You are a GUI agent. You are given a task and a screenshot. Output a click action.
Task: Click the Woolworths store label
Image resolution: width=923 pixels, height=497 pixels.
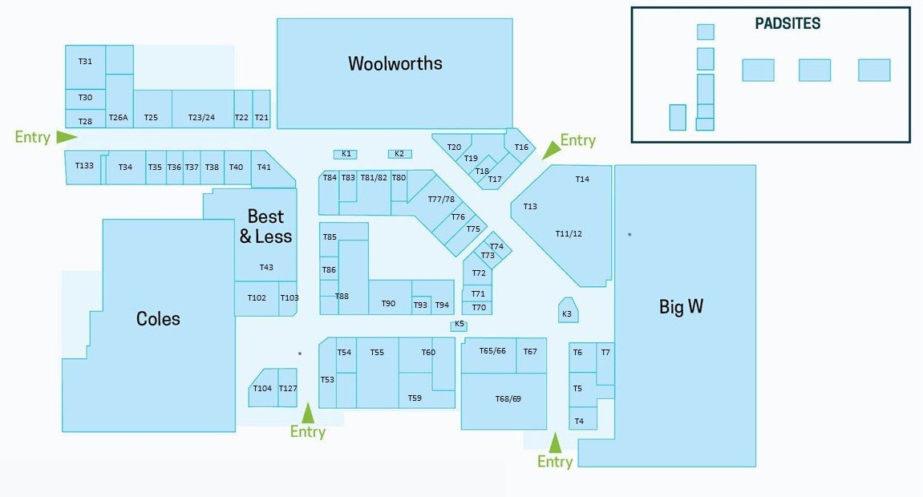pyautogui.click(x=395, y=63)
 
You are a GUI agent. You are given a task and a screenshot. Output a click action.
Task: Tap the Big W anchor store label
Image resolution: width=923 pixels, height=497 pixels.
pyautogui.click(x=681, y=307)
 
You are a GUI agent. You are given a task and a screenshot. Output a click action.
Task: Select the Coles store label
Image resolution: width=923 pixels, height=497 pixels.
pyautogui.click(x=158, y=319)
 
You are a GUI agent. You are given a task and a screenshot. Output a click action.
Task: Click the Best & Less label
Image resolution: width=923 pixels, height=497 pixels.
pyautogui.click(x=265, y=226)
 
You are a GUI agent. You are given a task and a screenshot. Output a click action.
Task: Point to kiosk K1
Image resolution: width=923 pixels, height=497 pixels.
pyautogui.click(x=346, y=154)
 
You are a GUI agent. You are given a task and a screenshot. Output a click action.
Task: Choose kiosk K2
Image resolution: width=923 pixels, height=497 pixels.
pyautogui.click(x=399, y=154)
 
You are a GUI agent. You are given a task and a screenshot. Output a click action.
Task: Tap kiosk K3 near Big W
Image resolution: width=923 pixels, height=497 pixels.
pyautogui.click(x=568, y=313)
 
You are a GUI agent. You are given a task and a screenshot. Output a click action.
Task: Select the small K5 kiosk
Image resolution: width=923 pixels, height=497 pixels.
pyautogui.click(x=459, y=325)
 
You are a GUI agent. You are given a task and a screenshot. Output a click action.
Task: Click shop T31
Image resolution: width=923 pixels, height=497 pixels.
pyautogui.click(x=85, y=62)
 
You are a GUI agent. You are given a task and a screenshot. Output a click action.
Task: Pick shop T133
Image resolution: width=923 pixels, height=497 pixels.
pyautogui.click(x=84, y=166)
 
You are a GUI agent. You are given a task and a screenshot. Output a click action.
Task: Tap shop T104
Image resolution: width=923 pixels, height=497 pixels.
pyautogui.click(x=262, y=389)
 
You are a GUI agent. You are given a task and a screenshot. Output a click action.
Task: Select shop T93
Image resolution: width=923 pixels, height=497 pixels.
pyautogui.click(x=420, y=305)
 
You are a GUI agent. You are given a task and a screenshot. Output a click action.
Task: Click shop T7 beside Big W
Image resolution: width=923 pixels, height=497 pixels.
pyautogui.click(x=605, y=353)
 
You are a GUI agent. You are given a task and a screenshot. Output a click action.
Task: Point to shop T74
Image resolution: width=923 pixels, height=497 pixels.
pyautogui.click(x=496, y=247)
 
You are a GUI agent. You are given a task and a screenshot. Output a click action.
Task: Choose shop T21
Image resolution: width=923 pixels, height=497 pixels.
pyautogui.click(x=261, y=118)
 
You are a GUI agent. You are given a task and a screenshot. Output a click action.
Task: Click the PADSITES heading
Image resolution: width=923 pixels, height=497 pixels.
pyautogui.click(x=787, y=24)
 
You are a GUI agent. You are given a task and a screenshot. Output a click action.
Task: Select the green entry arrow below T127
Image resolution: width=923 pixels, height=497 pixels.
pyautogui.click(x=308, y=413)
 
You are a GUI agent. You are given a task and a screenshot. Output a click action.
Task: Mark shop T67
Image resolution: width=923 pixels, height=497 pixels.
pyautogui.click(x=530, y=352)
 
